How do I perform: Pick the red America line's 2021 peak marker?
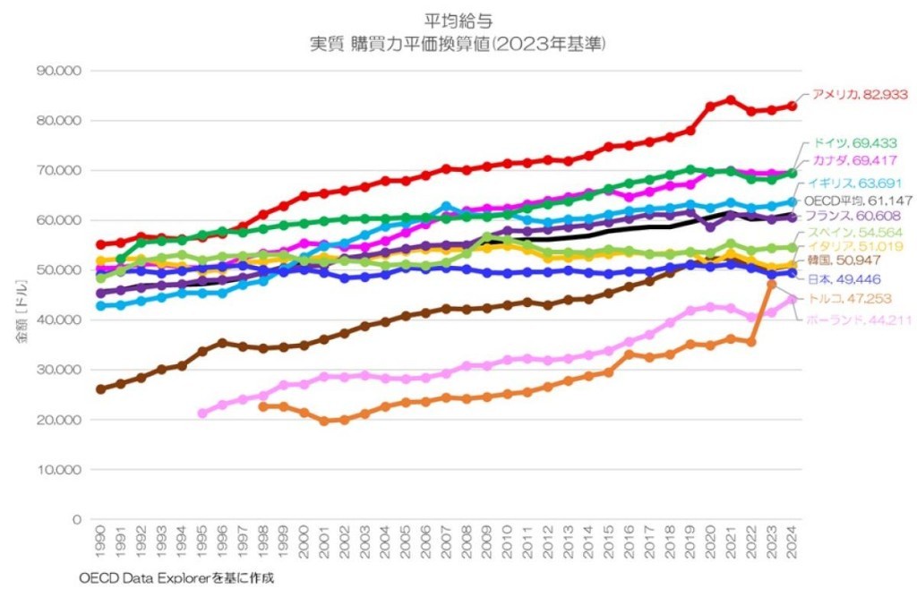[731, 99]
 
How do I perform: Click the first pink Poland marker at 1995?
[202, 414]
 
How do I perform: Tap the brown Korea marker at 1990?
[100, 389]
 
